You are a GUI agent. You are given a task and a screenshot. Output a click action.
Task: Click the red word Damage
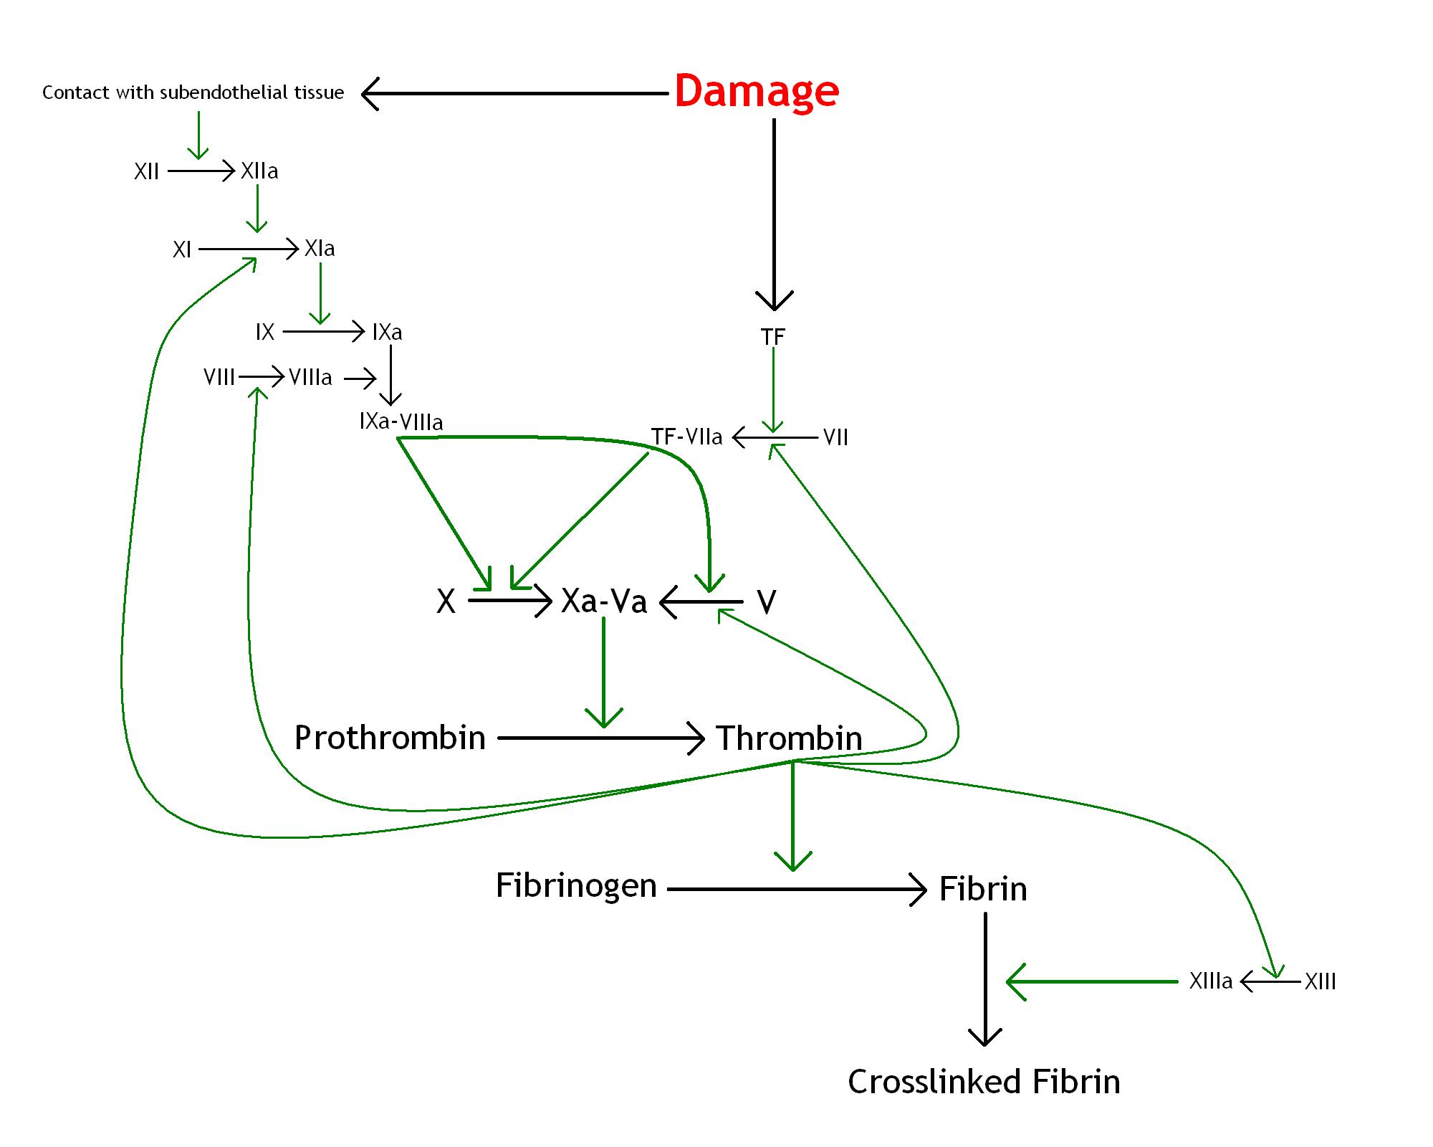click(757, 91)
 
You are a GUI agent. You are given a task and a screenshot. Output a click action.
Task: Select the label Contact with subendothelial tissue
click(193, 92)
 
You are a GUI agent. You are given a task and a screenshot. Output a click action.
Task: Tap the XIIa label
click(259, 171)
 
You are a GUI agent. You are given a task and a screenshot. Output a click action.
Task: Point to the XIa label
click(320, 249)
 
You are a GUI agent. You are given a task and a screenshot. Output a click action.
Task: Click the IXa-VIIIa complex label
click(401, 422)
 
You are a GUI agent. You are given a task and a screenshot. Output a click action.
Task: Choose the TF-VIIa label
click(686, 437)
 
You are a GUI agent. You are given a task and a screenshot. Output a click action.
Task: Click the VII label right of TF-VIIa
click(835, 437)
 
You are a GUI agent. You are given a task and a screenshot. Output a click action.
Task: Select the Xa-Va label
click(604, 601)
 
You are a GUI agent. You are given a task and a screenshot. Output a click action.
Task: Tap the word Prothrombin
click(390, 738)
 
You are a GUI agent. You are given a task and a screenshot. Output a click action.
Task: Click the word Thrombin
click(789, 738)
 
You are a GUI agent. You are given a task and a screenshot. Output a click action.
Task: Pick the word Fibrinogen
click(576, 885)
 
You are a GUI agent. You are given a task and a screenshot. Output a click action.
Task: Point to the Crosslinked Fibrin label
click(984, 1082)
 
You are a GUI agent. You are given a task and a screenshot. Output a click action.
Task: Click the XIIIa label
click(1211, 981)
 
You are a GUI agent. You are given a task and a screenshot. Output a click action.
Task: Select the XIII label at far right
click(1320, 981)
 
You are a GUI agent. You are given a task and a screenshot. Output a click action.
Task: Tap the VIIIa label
click(310, 377)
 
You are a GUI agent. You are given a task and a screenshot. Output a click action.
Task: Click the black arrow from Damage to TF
click(774, 215)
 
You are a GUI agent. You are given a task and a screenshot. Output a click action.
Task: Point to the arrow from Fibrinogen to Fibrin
click(795, 890)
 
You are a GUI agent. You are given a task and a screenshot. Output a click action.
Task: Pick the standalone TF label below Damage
click(773, 336)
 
